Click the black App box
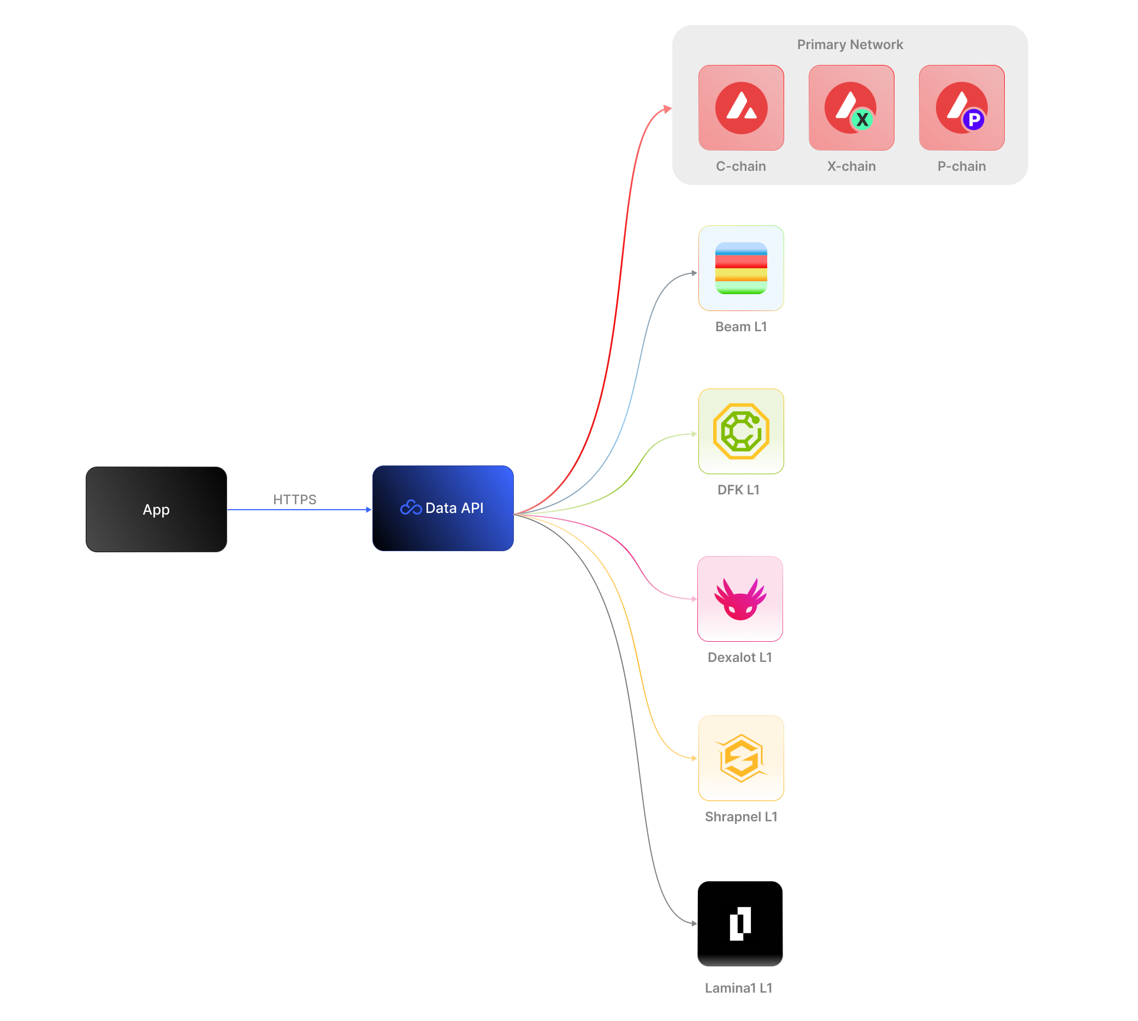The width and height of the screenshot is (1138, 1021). click(x=156, y=509)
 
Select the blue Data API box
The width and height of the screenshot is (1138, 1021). click(x=443, y=508)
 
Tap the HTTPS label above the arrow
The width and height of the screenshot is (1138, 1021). click(x=295, y=499)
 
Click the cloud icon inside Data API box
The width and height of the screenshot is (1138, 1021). click(x=411, y=507)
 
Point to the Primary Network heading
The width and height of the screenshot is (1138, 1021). click(x=850, y=44)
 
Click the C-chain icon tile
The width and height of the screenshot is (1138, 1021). click(x=741, y=108)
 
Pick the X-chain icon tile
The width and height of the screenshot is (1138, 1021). click(x=851, y=108)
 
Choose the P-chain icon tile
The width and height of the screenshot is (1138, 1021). click(x=962, y=108)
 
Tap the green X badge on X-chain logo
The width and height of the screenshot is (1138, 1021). click(x=862, y=120)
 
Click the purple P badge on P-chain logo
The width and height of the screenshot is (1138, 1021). click(x=974, y=120)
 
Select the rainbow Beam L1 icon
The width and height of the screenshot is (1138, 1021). click(x=741, y=268)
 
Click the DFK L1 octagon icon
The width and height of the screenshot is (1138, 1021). click(x=741, y=432)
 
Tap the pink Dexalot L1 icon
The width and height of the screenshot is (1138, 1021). click(x=740, y=599)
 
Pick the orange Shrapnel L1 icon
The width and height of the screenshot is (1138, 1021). click(x=741, y=758)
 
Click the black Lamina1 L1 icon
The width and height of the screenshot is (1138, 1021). click(x=740, y=924)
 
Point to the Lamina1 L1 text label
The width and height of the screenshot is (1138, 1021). click(x=738, y=988)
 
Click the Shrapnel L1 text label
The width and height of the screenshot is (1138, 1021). click(x=741, y=817)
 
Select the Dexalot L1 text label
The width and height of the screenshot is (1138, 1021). click(x=740, y=658)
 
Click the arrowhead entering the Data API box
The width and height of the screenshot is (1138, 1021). click(x=369, y=509)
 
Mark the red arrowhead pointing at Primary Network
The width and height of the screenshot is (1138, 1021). click(x=667, y=109)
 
